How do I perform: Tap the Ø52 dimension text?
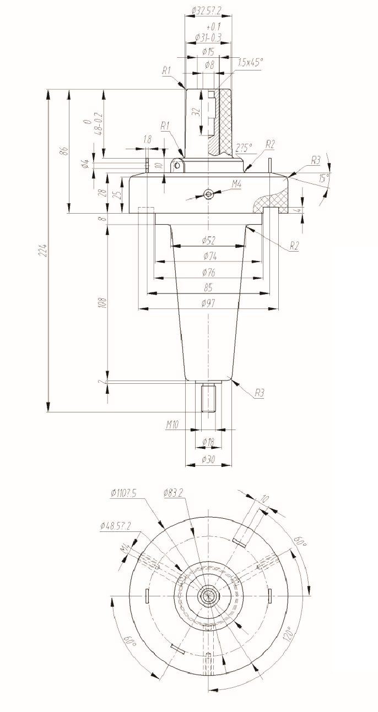pos(209,240)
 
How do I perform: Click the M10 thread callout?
pos(174,425)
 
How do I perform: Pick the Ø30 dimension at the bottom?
pos(208,459)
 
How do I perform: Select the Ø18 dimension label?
pos(208,442)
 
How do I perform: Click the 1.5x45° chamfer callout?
pos(251,63)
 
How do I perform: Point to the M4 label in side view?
pos(236,184)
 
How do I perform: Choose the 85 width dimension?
pos(208,287)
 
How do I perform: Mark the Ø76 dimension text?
pos(209,272)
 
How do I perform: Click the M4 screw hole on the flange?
pos(208,193)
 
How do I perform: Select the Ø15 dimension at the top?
pos(208,52)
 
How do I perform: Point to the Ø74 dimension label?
pos(209,256)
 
